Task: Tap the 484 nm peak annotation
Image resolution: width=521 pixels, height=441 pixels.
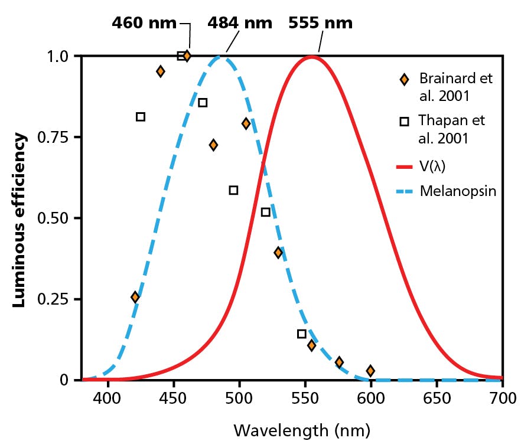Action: click(240, 23)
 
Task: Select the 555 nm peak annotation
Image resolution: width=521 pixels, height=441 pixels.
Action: click(320, 23)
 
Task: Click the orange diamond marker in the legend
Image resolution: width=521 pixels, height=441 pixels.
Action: click(404, 79)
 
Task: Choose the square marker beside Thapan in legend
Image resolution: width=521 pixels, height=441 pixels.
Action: click(404, 122)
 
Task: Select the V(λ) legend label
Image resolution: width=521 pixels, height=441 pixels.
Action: click(432, 166)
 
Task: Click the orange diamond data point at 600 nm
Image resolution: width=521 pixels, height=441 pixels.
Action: click(370, 371)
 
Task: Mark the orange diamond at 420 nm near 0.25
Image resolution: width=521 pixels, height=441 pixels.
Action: click(135, 297)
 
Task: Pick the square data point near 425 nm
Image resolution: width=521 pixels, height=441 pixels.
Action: click(141, 117)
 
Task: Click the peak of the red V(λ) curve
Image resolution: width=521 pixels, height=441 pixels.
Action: click(312, 57)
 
